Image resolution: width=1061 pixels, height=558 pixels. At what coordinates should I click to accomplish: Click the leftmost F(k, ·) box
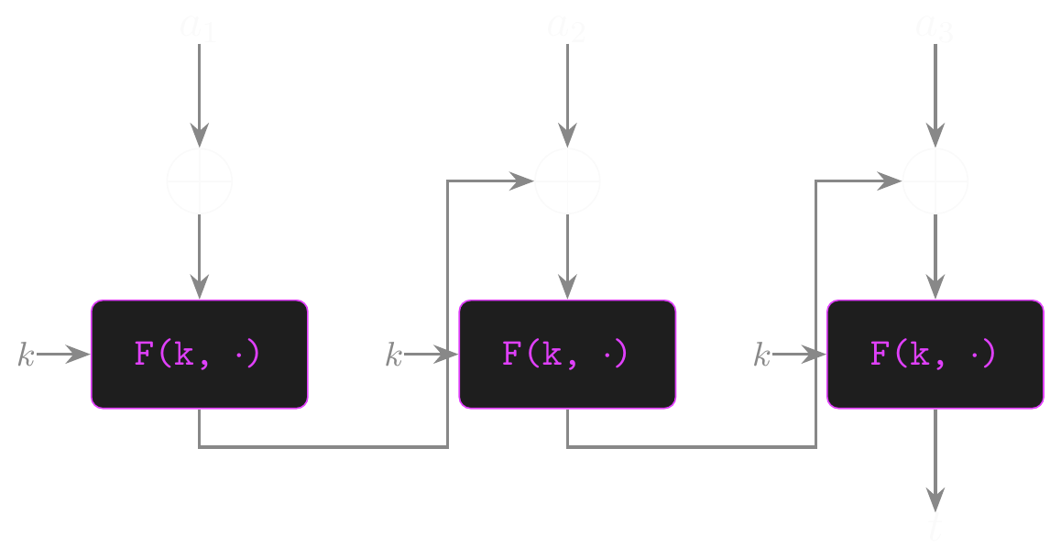click(200, 354)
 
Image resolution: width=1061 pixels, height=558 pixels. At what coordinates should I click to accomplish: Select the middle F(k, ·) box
click(567, 354)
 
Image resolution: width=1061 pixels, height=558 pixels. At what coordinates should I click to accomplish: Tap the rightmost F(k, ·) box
click(935, 354)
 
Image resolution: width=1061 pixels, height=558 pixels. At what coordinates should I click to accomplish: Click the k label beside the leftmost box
click(26, 356)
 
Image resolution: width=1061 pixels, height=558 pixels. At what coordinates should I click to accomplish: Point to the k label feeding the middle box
click(394, 356)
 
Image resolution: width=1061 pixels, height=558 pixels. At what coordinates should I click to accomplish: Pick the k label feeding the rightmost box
click(761, 356)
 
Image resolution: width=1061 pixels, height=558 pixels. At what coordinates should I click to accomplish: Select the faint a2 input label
click(566, 27)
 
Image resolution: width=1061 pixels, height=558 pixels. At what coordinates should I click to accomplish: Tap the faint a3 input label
click(935, 27)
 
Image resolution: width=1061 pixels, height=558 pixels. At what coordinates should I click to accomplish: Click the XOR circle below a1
click(200, 181)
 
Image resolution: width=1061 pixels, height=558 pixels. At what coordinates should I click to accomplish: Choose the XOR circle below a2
click(567, 181)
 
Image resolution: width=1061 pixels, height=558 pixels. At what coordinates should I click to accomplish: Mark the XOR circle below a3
click(935, 181)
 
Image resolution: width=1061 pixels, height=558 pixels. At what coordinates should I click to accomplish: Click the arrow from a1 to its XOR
click(200, 92)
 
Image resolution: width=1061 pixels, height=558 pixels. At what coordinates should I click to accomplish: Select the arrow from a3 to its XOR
click(935, 92)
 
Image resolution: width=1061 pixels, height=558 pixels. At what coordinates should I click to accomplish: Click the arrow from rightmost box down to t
click(935, 458)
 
